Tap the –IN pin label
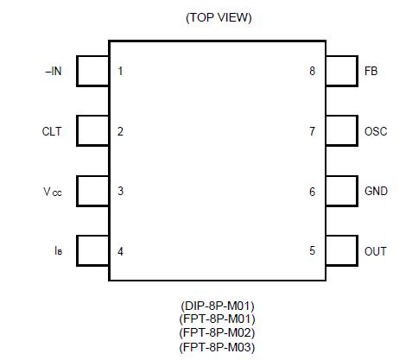click(x=53, y=71)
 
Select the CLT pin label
click(x=52, y=131)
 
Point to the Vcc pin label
click(x=53, y=192)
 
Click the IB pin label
click(x=56, y=252)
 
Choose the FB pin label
click(x=371, y=71)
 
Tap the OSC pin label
click(x=376, y=131)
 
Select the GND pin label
click(x=376, y=192)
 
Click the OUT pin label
click(x=375, y=252)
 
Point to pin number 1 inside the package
click(x=120, y=71)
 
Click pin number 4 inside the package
click(x=120, y=252)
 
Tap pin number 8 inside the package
click(x=312, y=71)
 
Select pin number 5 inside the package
click(x=312, y=252)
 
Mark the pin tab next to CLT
click(x=92, y=131)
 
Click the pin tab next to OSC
click(x=341, y=131)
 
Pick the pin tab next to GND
click(x=341, y=192)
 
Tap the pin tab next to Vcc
click(x=92, y=192)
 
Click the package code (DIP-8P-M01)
click(x=218, y=305)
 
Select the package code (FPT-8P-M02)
click(x=218, y=332)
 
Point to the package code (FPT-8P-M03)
click(x=218, y=346)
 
